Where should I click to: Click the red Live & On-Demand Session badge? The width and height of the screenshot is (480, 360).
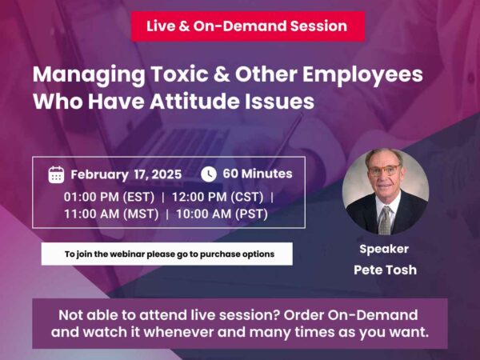point(247,26)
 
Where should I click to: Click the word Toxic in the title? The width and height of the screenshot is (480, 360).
point(176,76)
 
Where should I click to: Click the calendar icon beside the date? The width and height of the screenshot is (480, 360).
point(56,174)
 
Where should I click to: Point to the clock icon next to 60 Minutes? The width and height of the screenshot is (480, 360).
point(208,174)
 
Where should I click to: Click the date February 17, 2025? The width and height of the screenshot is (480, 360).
point(126,174)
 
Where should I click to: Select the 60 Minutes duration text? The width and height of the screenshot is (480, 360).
point(257,174)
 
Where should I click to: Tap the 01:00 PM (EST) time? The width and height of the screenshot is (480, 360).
point(109,196)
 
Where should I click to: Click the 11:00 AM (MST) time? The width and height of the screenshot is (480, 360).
point(111,214)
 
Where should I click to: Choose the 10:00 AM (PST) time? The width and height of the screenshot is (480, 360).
point(222,214)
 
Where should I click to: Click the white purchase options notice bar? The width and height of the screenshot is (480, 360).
point(166,254)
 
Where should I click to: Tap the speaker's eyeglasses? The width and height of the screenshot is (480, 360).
point(385,170)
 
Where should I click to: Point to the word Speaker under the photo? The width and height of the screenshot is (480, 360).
point(384,249)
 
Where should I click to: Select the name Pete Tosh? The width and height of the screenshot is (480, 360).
point(384,270)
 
